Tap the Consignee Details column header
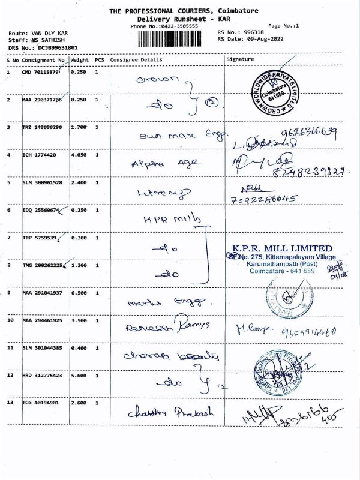point(136,60)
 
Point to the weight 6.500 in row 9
point(79,293)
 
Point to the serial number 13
point(10,403)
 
